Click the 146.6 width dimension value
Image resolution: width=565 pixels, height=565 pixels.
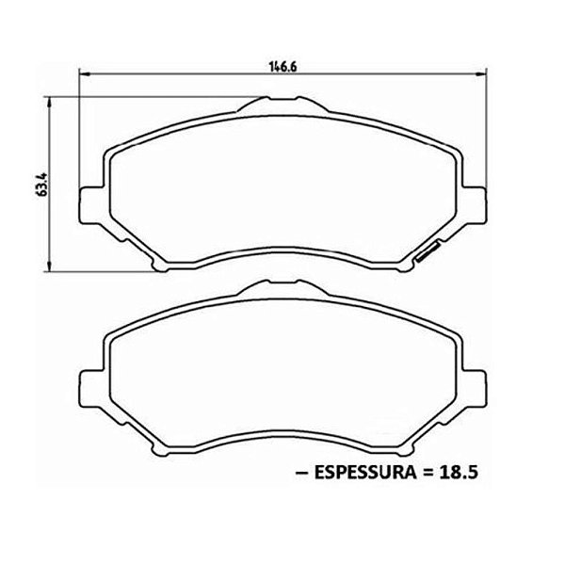point(282,66)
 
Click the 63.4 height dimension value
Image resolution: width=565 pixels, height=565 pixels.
point(42,185)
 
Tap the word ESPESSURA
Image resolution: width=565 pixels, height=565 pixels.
point(365,473)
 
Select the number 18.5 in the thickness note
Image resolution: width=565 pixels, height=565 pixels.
point(459,473)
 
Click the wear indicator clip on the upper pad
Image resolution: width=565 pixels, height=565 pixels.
point(428,250)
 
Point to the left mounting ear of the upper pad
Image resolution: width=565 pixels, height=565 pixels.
point(92,205)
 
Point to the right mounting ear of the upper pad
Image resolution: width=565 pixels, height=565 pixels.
point(474,205)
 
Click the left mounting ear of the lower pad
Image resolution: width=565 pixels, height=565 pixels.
point(92,388)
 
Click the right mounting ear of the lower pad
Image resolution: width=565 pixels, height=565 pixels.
point(474,388)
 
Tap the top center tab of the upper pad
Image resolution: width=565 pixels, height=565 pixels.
point(282,105)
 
